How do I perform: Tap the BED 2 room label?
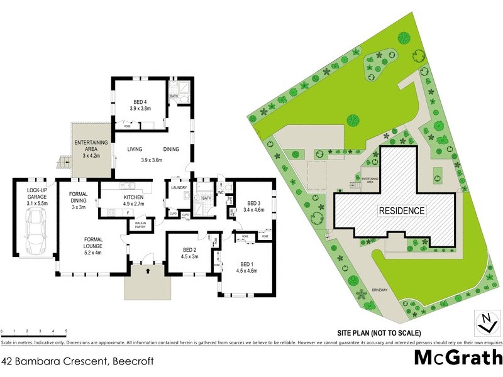pyautogui.click(x=189, y=253)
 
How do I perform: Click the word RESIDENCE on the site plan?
pyautogui.click(x=401, y=211)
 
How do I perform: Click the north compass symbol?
pyautogui.click(x=485, y=322)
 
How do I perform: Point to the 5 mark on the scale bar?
pyautogui.click(x=66, y=331)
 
